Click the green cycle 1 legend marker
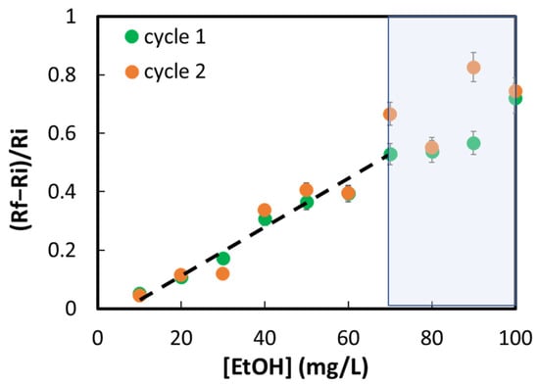(131, 36)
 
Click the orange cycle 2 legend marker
(131, 72)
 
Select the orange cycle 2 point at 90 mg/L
(473, 68)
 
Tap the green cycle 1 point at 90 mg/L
(473, 143)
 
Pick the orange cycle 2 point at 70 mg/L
(390, 114)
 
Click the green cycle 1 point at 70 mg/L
(390, 155)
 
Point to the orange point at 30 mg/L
(222, 274)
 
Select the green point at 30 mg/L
(223, 259)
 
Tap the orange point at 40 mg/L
(265, 210)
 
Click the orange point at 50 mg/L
(307, 189)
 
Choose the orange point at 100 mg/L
(514, 91)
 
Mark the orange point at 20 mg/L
(180, 275)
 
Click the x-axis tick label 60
(348, 339)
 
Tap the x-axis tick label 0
(98, 339)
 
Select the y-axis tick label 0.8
(62, 74)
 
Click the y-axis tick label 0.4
(62, 191)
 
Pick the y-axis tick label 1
(71, 17)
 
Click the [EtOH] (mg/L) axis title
(296, 367)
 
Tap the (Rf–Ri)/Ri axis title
(23, 179)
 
